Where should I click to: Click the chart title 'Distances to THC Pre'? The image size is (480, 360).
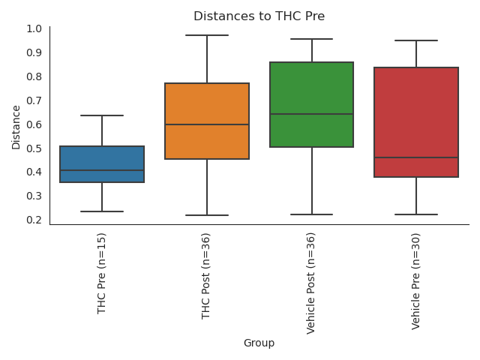coord(259,16)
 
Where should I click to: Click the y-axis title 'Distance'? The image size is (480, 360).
coord(16,127)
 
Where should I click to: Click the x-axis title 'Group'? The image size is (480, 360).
coord(259,343)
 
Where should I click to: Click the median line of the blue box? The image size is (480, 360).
coord(102,170)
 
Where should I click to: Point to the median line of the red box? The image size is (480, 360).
coord(416,157)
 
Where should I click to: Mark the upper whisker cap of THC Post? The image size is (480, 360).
coord(207,35)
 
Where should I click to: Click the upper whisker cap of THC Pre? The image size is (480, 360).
coord(102,115)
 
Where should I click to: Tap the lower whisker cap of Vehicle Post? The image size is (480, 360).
coord(311,214)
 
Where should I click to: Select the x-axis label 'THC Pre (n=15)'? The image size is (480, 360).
coord(102,272)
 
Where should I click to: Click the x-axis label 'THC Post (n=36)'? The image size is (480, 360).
coord(207,275)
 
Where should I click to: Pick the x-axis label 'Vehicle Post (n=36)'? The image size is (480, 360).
coord(311,283)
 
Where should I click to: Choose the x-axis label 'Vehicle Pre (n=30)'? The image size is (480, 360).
coord(416,280)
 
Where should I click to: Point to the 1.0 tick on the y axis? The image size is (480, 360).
coord(34,28)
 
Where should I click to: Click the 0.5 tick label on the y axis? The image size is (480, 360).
coord(34,148)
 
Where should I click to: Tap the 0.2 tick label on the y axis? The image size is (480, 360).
coord(34,220)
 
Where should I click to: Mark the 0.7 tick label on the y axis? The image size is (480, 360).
coord(34,100)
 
